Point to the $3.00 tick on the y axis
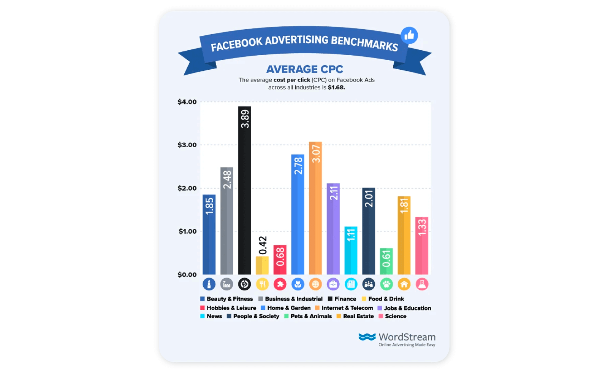coord(187,145)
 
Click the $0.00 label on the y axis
coord(187,275)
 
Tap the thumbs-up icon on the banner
coord(409,35)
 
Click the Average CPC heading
coord(305,69)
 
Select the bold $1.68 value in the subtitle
coord(336,88)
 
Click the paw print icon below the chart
coord(386,284)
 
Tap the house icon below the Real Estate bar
coord(404,284)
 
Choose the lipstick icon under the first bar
coord(209,284)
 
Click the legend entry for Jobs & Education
coord(404,308)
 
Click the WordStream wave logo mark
coord(367,337)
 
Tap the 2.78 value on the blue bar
coord(298,166)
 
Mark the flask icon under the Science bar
coord(422,284)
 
